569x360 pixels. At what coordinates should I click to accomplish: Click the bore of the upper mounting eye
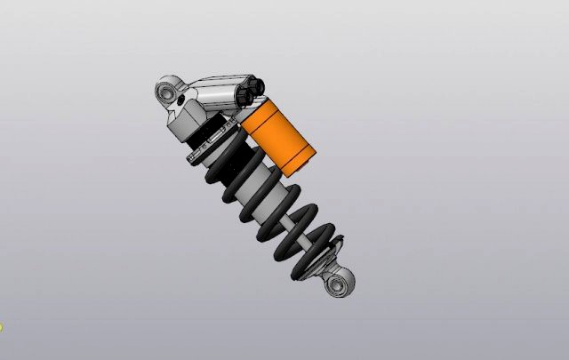165,91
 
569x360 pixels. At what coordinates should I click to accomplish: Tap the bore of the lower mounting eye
339,284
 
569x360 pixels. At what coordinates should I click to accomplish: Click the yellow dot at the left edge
1,327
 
